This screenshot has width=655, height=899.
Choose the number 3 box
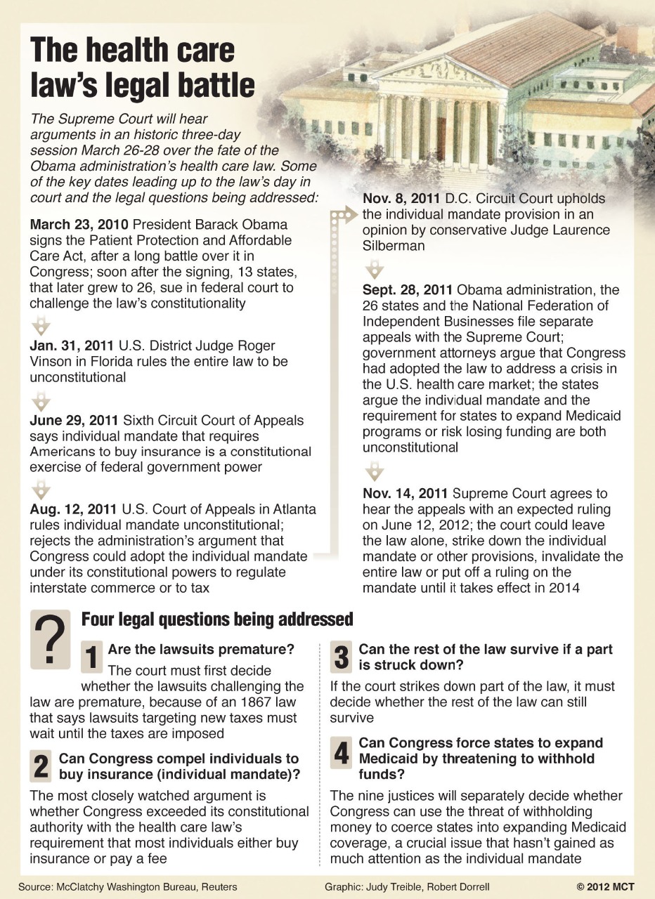(x=342, y=657)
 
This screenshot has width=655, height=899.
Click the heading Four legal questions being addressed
(x=217, y=619)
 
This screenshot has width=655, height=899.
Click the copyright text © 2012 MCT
(x=605, y=886)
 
